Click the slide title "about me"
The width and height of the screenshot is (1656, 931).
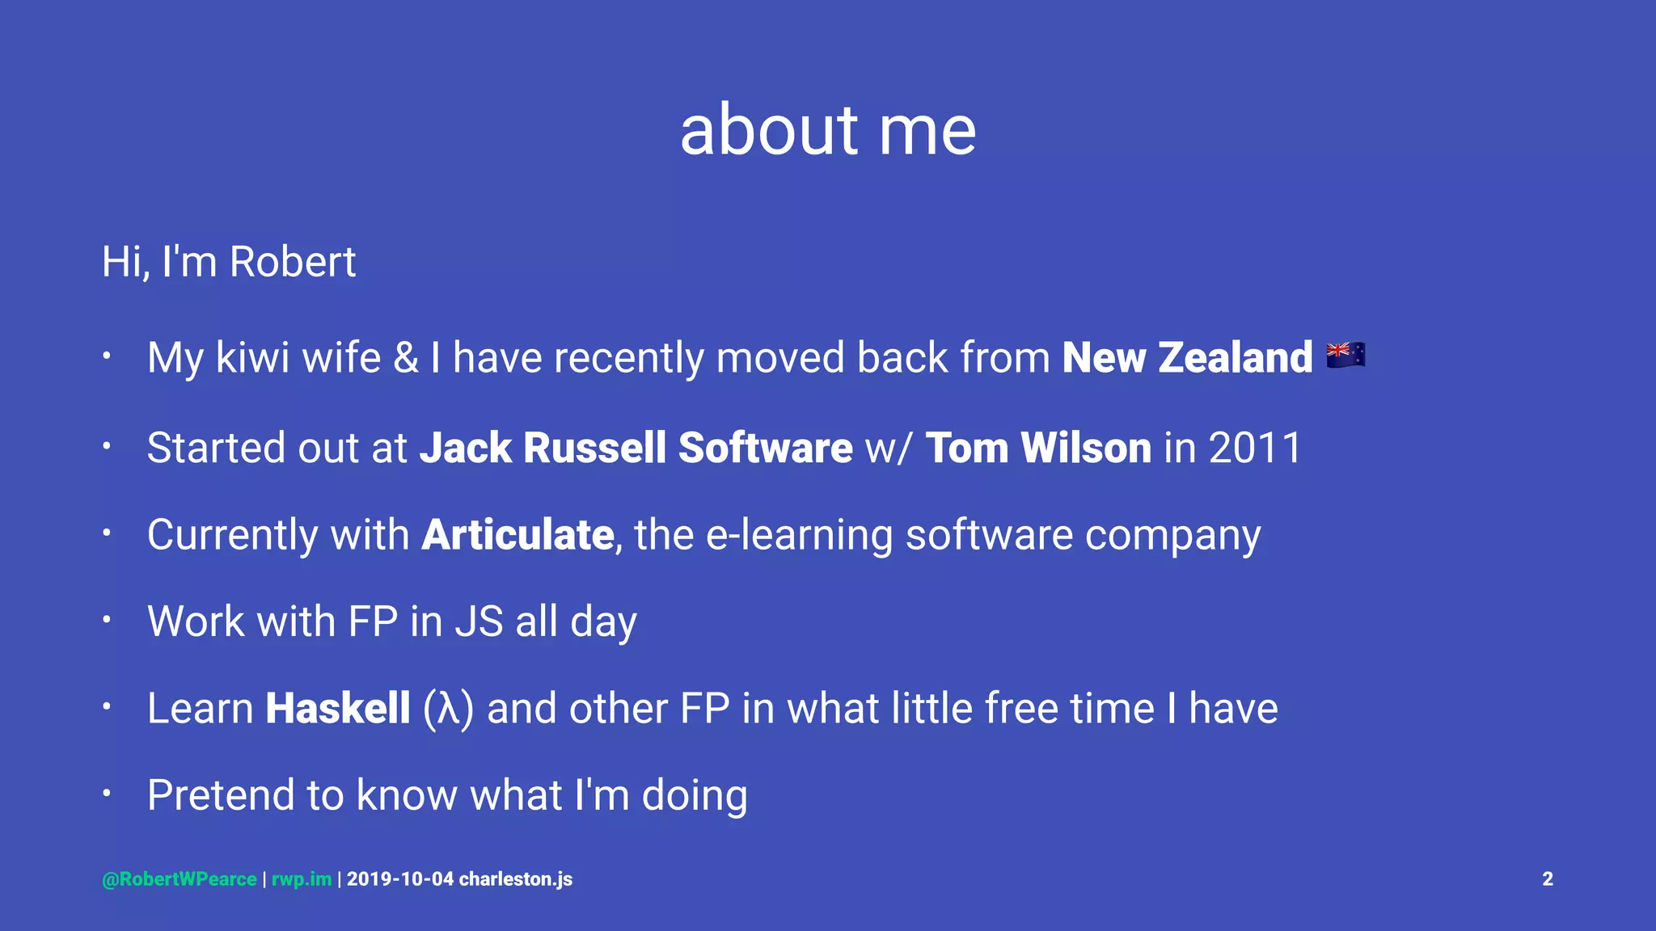828,130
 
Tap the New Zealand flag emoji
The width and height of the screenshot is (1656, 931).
1345,356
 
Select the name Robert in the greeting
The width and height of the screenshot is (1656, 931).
292,262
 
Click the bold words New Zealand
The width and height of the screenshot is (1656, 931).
1187,357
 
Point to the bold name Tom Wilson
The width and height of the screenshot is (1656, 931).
1038,448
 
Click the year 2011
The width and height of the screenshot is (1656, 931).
1255,448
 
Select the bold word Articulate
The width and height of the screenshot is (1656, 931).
517,535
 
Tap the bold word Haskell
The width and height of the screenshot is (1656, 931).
338,709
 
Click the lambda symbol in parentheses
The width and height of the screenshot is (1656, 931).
449,710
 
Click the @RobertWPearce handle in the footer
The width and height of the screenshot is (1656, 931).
180,879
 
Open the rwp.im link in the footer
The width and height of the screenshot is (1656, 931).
302,879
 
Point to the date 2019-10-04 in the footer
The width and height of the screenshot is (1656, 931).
400,879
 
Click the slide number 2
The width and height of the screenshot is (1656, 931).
1548,879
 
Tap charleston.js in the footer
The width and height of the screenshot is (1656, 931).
516,879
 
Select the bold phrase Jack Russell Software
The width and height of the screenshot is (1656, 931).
636,448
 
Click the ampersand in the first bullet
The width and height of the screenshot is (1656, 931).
406,357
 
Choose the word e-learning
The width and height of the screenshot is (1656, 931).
799,535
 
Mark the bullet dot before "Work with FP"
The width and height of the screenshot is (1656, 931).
106,620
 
